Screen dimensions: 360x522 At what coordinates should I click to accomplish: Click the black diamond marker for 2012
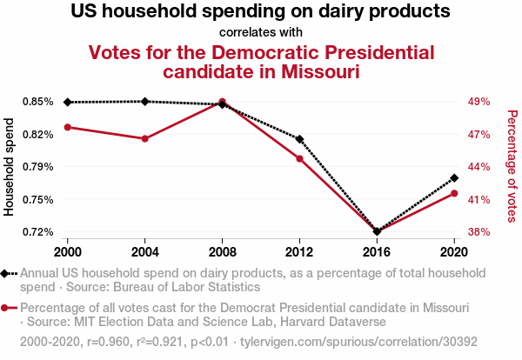click(299, 139)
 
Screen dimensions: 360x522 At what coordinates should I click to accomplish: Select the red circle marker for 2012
click(299, 159)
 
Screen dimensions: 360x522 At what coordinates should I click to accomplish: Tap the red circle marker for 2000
click(68, 128)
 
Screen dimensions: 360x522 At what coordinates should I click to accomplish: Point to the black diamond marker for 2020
click(454, 178)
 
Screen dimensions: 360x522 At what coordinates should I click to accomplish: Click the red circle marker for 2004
click(145, 139)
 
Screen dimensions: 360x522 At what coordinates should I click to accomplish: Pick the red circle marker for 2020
click(454, 193)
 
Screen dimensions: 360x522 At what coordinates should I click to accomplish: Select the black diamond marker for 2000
click(68, 102)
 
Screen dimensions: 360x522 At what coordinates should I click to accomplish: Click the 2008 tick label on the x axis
click(223, 251)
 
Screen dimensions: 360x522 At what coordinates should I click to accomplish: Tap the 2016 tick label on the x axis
click(377, 251)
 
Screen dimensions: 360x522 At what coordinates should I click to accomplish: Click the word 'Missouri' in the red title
click(318, 71)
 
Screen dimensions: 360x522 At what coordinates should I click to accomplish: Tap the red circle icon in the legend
click(8, 309)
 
